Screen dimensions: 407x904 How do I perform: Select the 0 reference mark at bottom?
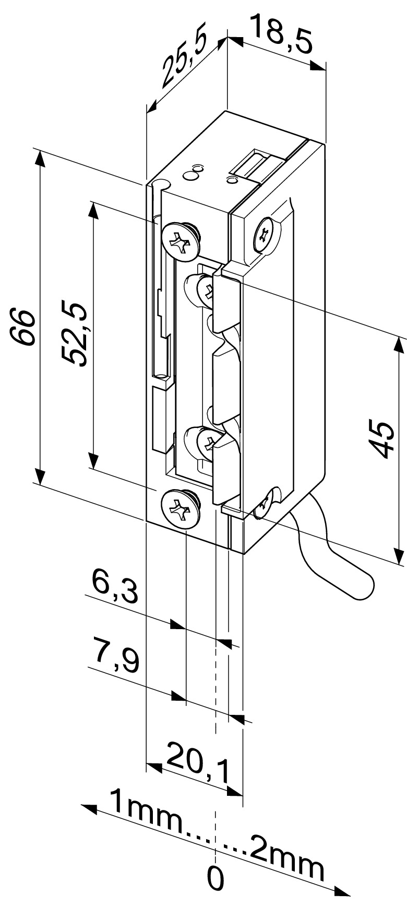click(x=216, y=879)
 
